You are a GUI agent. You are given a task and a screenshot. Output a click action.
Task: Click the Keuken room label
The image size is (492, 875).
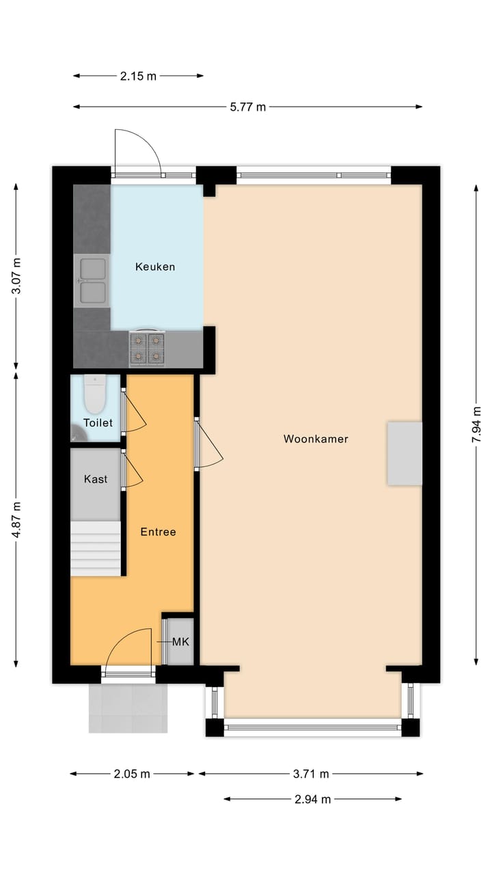155,267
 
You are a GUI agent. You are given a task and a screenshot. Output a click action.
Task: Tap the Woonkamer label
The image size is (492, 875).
316,439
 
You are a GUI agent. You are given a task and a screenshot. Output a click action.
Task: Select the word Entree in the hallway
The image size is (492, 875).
159,532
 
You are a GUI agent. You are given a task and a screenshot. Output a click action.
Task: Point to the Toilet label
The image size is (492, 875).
98,423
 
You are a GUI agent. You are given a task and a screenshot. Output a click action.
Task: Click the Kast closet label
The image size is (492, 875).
96,479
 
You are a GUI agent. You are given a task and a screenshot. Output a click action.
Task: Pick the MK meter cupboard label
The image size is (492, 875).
180,642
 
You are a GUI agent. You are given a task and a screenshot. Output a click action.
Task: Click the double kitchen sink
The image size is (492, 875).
92,280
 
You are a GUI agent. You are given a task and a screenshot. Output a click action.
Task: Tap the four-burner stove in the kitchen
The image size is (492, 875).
148,348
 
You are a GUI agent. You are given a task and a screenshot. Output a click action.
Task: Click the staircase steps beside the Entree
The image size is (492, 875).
96,548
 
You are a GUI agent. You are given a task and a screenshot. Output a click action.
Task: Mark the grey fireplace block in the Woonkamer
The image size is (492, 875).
405,453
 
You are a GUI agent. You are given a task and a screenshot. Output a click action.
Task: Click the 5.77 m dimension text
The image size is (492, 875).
247,107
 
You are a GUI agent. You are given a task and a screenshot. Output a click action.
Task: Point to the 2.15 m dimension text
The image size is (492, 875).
138,77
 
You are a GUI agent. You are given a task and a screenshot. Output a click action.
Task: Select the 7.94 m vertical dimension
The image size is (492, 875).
476,425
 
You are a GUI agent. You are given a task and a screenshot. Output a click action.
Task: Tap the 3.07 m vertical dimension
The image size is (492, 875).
16,276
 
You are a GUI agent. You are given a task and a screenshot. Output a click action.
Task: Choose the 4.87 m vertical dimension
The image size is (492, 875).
16,520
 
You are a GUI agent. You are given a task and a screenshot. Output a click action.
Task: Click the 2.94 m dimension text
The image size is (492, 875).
312,799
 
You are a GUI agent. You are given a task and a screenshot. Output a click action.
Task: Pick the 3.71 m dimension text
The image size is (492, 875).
310,774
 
